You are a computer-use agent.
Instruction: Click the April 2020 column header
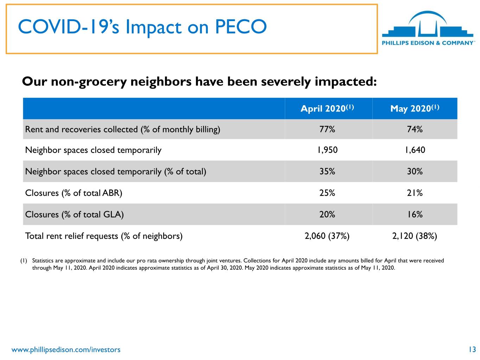click(327, 108)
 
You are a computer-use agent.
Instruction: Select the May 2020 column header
click(415, 109)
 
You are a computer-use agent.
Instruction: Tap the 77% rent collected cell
click(327, 129)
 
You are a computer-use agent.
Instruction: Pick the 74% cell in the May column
click(415, 129)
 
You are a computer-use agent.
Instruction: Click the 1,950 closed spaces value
click(327, 150)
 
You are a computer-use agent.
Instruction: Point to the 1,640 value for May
click(415, 150)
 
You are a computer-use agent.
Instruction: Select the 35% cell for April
click(327, 171)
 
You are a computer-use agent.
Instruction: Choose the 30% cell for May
click(415, 171)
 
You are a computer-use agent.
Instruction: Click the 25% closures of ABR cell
click(327, 193)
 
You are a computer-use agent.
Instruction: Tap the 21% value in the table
click(415, 193)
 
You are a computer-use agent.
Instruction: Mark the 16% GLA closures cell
click(415, 214)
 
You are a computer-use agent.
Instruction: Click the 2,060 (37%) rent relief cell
click(327, 236)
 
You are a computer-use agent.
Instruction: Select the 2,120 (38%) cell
click(414, 236)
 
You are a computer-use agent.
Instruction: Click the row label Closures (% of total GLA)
click(74, 214)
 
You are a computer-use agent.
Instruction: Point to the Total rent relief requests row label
click(104, 236)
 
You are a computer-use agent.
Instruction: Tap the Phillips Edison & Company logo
click(428, 28)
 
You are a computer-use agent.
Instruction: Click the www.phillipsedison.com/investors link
click(66, 349)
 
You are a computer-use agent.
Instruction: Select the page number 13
click(472, 349)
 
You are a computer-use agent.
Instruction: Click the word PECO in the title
click(241, 27)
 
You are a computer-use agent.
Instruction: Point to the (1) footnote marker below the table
click(24, 261)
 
